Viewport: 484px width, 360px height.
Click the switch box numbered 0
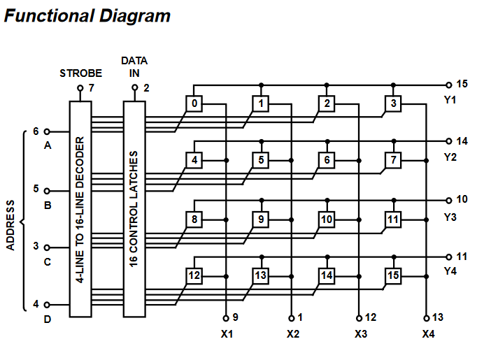(x=195, y=104)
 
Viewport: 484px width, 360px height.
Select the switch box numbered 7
(x=394, y=161)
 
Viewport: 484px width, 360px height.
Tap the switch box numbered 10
(x=327, y=219)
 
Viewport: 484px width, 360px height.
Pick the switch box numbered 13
(x=261, y=275)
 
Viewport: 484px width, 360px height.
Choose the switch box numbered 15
(x=394, y=275)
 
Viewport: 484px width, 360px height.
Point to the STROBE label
(x=80, y=73)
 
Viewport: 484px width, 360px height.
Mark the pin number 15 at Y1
(x=462, y=84)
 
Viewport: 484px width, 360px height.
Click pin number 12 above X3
(x=371, y=317)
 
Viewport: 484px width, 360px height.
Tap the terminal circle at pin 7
(x=80, y=89)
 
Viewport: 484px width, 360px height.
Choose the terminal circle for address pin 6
(x=48, y=131)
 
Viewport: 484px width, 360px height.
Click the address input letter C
(x=48, y=263)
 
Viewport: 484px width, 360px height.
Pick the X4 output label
(x=428, y=334)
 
